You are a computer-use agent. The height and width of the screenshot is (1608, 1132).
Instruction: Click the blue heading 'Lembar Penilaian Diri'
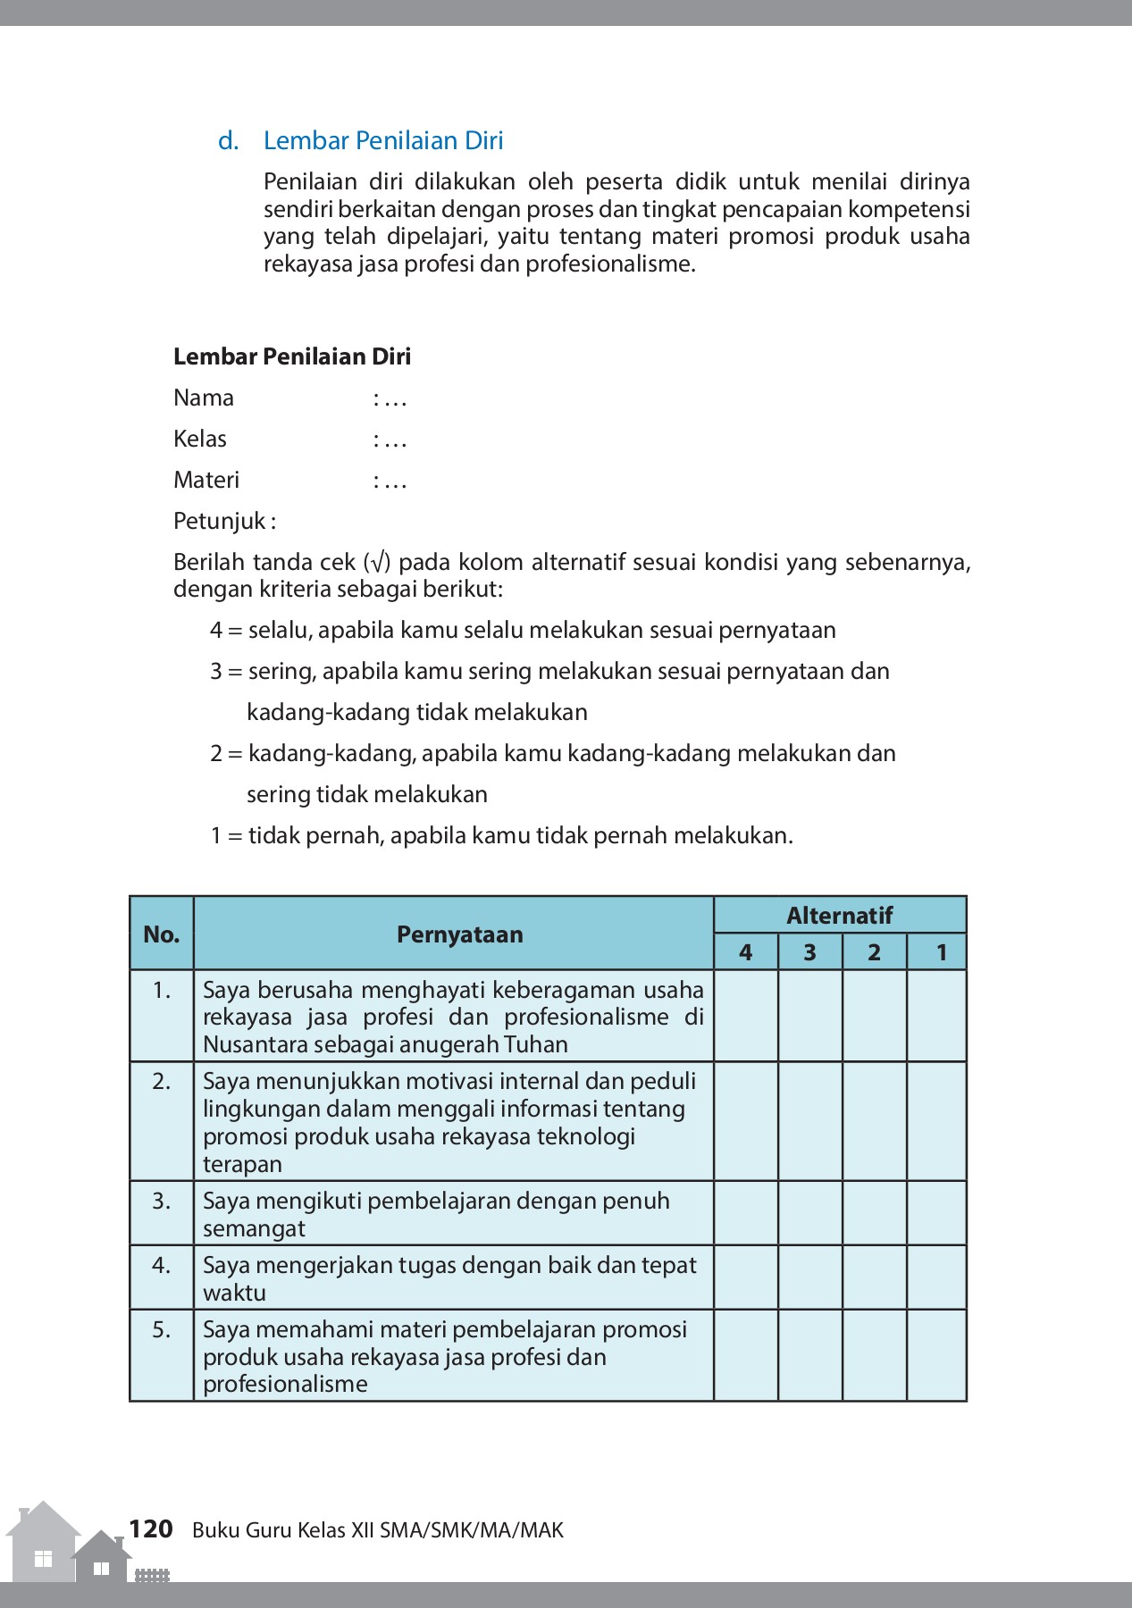[x=383, y=141]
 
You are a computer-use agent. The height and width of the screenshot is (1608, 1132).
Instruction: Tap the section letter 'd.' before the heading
[x=229, y=141]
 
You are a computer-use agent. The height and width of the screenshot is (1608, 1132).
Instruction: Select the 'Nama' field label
[x=204, y=398]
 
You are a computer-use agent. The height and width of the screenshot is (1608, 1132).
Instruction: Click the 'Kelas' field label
[x=200, y=439]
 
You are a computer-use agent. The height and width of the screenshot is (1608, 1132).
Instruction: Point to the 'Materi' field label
[x=206, y=480]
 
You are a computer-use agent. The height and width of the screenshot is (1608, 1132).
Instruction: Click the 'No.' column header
[x=162, y=934]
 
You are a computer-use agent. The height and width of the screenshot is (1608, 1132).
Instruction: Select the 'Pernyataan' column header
[x=459, y=934]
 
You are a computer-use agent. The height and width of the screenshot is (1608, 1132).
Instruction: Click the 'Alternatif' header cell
[x=839, y=915]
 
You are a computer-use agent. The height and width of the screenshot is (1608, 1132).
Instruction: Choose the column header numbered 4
[x=746, y=952]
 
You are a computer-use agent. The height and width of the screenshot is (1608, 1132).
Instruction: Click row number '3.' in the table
[x=162, y=1201]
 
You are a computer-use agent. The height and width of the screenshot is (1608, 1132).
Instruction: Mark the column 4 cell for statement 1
[x=746, y=1016]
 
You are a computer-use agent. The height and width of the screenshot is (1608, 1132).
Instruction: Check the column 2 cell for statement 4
[x=875, y=1277]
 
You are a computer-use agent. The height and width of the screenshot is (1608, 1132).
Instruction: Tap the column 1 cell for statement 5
[x=937, y=1355]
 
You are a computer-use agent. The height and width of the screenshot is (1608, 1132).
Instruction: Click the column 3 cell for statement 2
[x=810, y=1121]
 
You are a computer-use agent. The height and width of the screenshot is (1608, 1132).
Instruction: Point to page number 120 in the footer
[x=150, y=1529]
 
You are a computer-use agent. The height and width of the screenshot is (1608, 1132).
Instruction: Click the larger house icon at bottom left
[x=42, y=1545]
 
